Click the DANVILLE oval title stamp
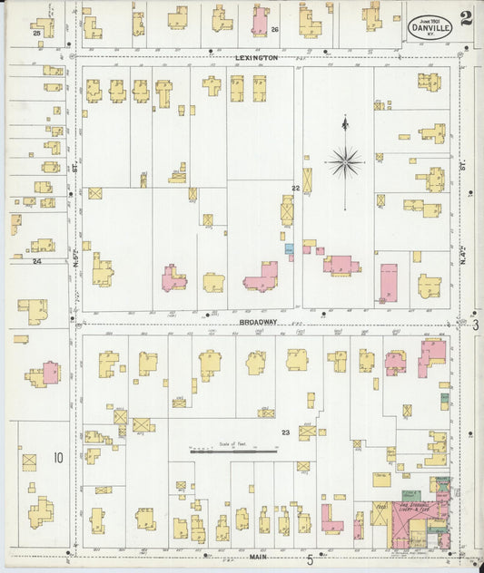pyautogui.click(x=430, y=25)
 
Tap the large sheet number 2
pyautogui.click(x=465, y=18)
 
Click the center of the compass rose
pyautogui.click(x=345, y=163)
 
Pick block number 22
pyautogui.click(x=295, y=188)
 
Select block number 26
pyautogui.click(x=274, y=29)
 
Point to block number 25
pyautogui.click(x=36, y=33)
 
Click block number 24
pyautogui.click(x=37, y=261)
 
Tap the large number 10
pyautogui.click(x=57, y=458)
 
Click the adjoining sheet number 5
pyautogui.click(x=310, y=559)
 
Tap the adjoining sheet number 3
pyautogui.click(x=475, y=324)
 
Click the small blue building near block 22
pyautogui.click(x=289, y=248)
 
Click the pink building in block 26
pyautogui.click(x=260, y=21)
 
